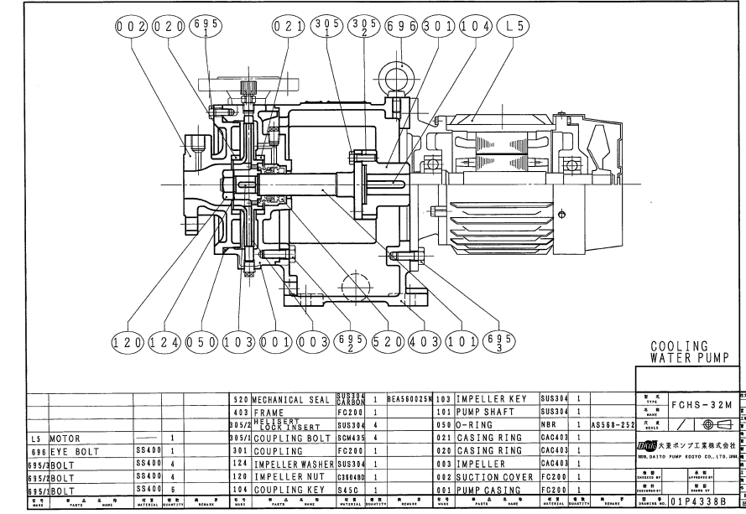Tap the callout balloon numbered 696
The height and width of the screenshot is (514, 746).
tap(401, 27)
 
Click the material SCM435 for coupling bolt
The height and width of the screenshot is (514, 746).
tap(348, 438)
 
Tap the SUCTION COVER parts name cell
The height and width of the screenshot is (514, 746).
tap(494, 477)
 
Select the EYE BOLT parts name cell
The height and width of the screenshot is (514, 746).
tap(76, 451)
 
